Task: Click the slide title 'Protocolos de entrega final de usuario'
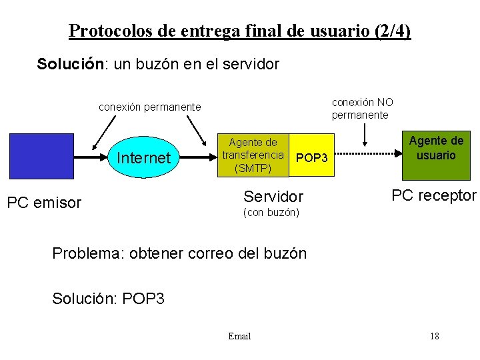pyautogui.click(x=240, y=31)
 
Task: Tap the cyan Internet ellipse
pyautogui.click(x=143, y=158)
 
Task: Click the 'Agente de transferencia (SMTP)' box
pyautogui.click(x=253, y=155)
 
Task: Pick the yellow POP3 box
pyautogui.click(x=311, y=158)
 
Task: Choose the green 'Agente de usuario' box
pyautogui.click(x=436, y=155)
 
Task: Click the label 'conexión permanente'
pyautogui.click(x=149, y=107)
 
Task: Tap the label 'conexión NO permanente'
pyautogui.click(x=362, y=108)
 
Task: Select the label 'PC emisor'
pyautogui.click(x=44, y=202)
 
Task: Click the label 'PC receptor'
pyautogui.click(x=434, y=195)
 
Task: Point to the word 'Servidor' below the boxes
pyautogui.click(x=273, y=197)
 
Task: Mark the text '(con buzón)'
pyautogui.click(x=271, y=213)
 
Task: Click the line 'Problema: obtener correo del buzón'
pyautogui.click(x=179, y=253)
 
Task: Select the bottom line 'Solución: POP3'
pyautogui.click(x=108, y=299)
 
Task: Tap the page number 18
pyautogui.click(x=434, y=336)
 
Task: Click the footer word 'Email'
pyautogui.click(x=239, y=336)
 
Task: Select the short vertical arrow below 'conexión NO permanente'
pyautogui.click(x=365, y=135)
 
